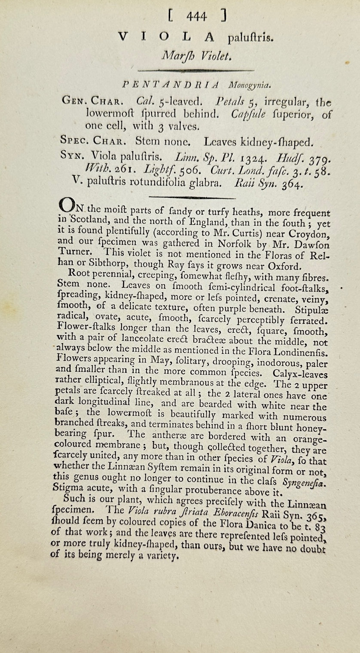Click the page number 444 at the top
point(197,16)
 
